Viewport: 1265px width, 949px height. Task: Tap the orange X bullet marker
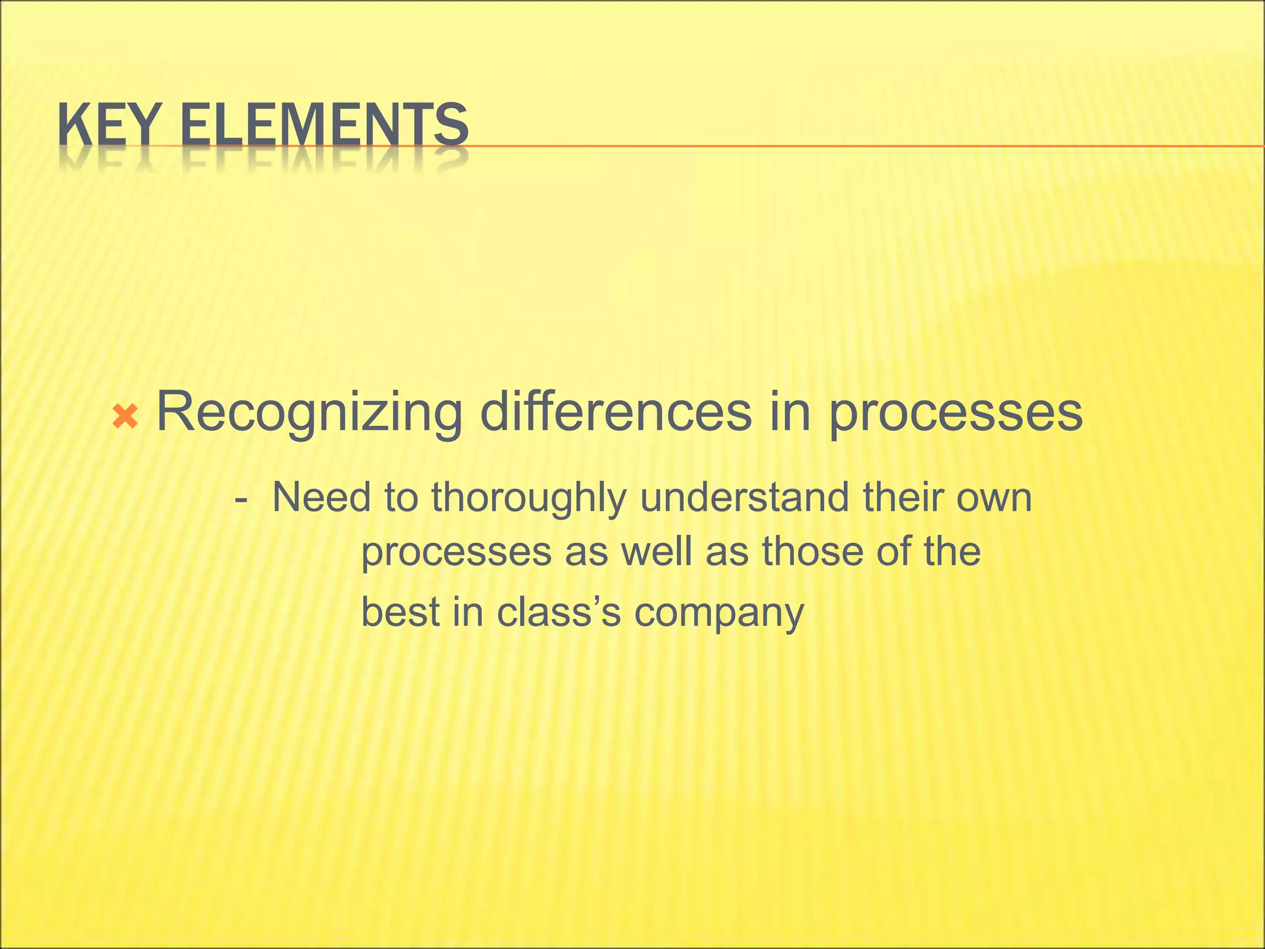(125, 418)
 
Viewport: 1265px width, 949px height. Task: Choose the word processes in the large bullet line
(955, 413)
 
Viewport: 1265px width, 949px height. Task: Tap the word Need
(321, 497)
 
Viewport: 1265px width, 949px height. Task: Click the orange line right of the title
(865, 146)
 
